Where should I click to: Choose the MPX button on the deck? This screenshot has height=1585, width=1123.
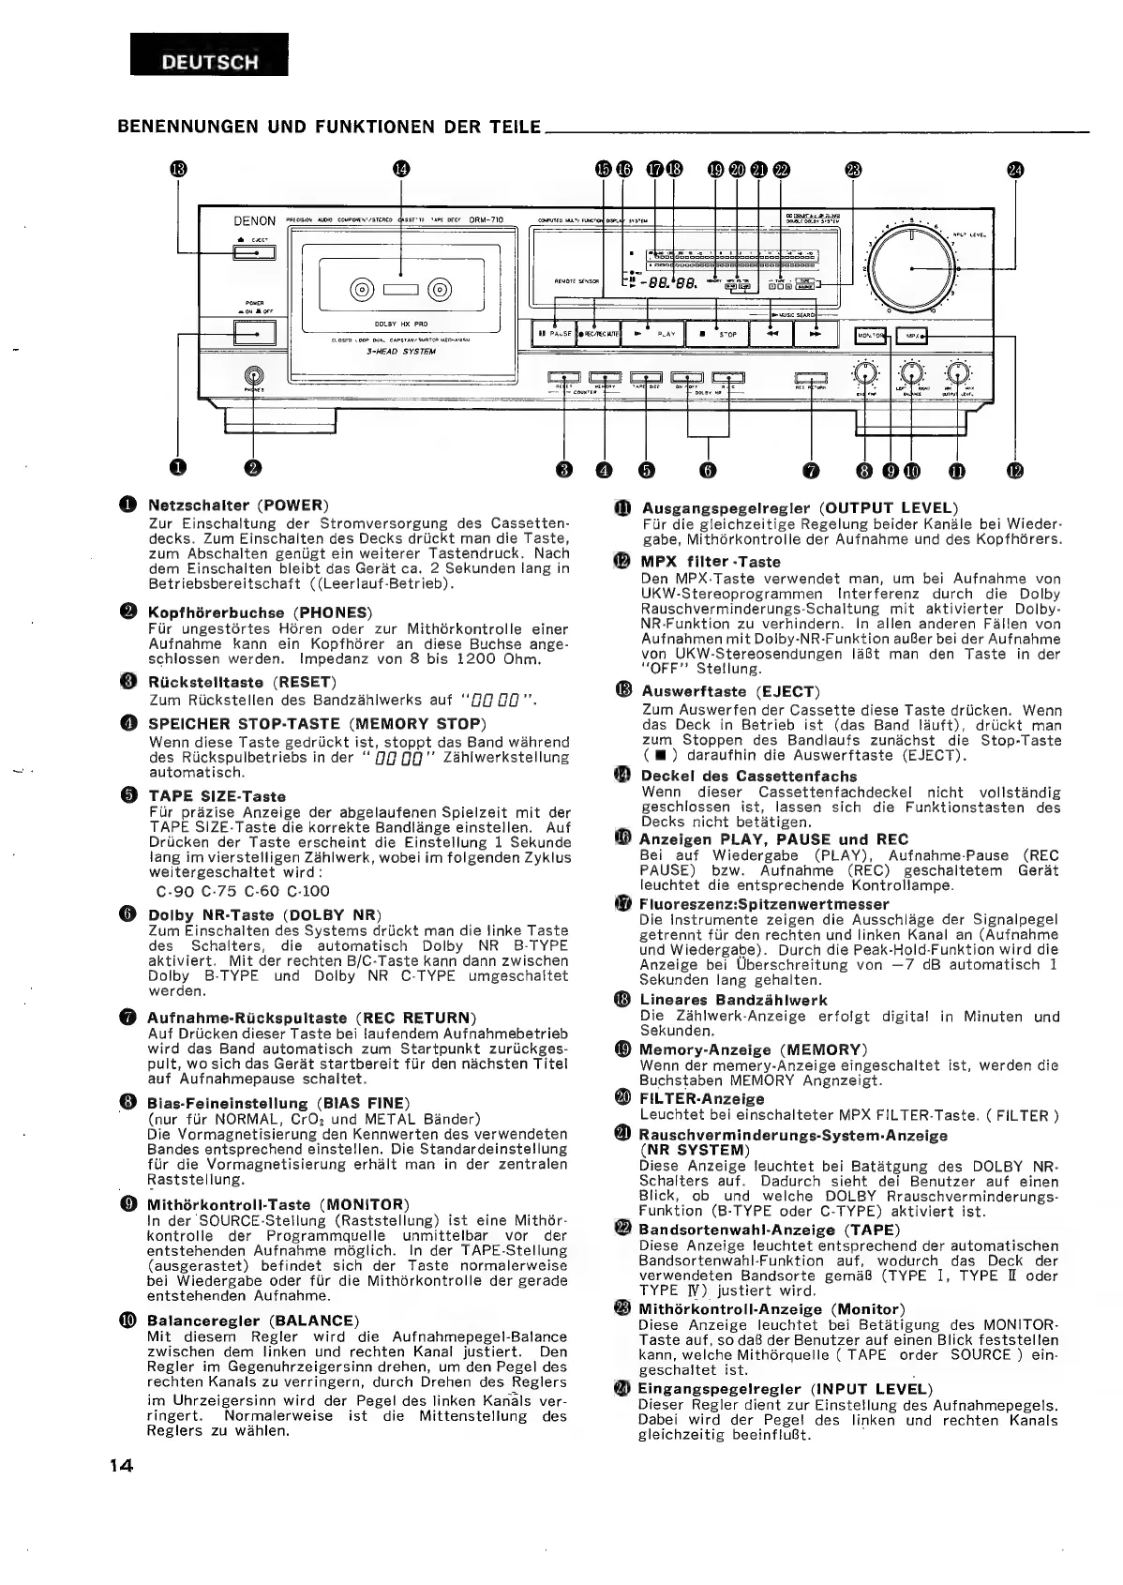pyautogui.click(x=909, y=336)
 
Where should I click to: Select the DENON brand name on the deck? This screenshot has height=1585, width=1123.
pyautogui.click(x=254, y=221)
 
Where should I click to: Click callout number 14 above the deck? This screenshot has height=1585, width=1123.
pyautogui.click(x=401, y=169)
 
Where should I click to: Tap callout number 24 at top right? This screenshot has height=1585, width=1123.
pyautogui.click(x=1015, y=169)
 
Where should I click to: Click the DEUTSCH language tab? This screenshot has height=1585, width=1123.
pyautogui.click(x=210, y=63)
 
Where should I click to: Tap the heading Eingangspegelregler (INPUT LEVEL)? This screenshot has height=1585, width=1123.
pyautogui.click(x=785, y=1389)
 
